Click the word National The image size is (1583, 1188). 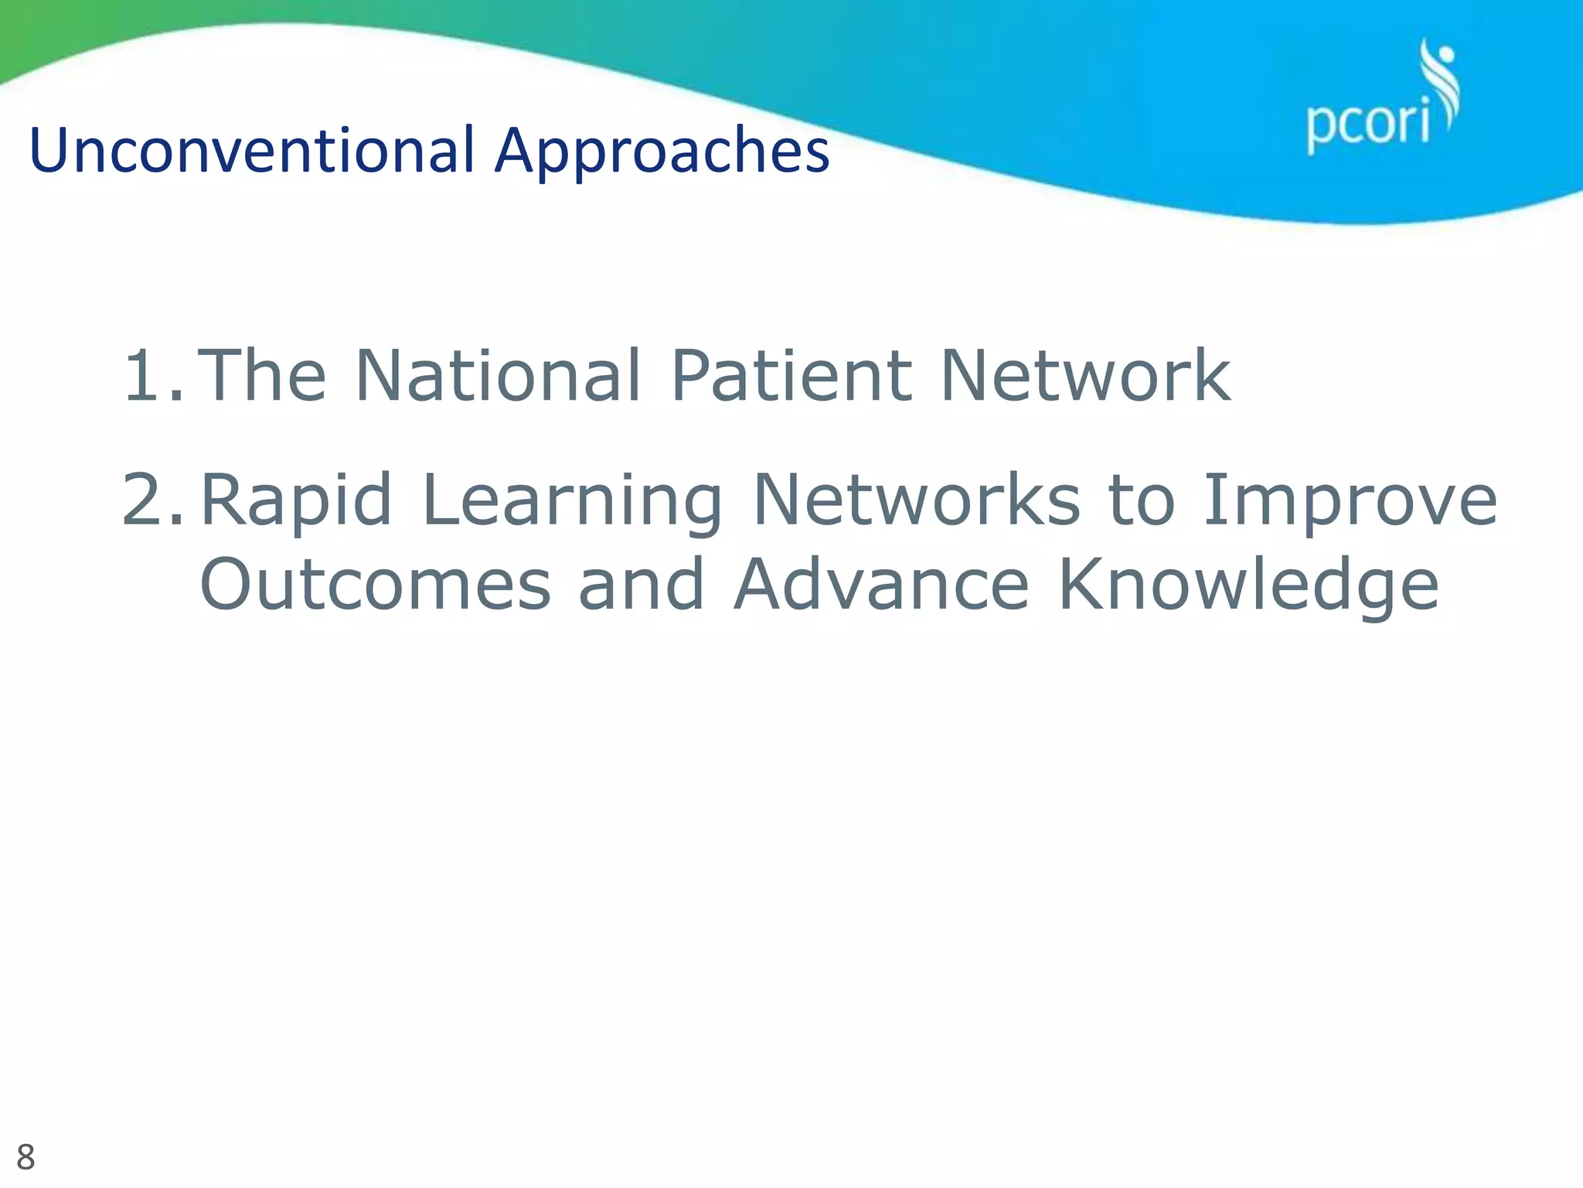(x=498, y=376)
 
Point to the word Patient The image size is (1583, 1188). (x=791, y=376)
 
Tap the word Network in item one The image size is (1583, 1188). (x=1084, y=376)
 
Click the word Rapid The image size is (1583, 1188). (x=296, y=500)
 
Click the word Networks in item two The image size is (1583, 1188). (x=916, y=500)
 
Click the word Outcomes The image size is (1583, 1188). (x=375, y=585)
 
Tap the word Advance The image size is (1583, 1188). (x=881, y=585)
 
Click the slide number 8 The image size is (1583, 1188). (x=26, y=1158)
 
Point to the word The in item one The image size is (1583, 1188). (x=263, y=376)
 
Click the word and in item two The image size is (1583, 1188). (x=642, y=585)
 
